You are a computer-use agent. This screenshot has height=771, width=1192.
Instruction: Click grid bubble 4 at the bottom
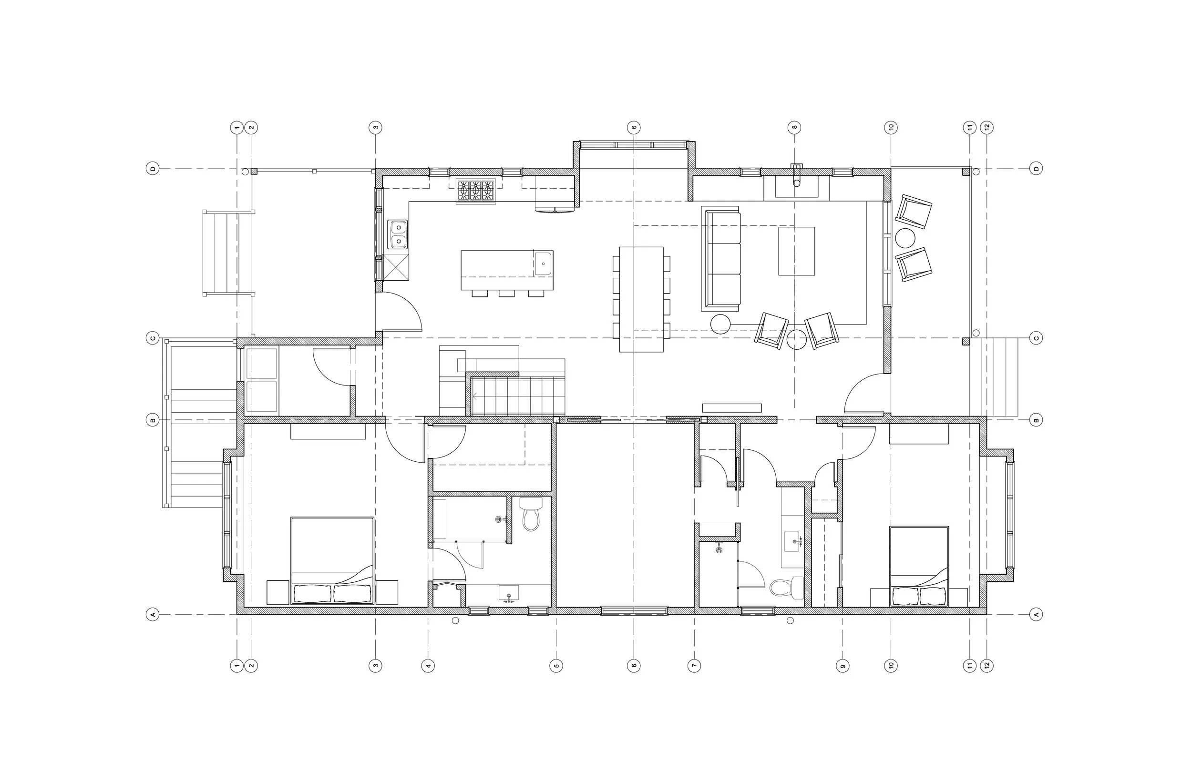pyautogui.click(x=428, y=666)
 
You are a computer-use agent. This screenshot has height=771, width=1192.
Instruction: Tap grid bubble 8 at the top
pyautogui.click(x=794, y=128)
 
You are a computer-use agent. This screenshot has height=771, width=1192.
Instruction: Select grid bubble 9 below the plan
pyautogui.click(x=843, y=666)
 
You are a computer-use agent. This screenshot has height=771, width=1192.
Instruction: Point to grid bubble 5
pyautogui.click(x=556, y=666)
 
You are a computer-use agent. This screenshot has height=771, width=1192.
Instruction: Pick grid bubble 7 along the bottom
pyautogui.click(x=694, y=666)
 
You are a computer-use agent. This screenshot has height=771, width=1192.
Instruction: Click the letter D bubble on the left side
pyautogui.click(x=153, y=169)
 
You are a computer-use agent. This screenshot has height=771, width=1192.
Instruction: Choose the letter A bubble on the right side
pyautogui.click(x=1036, y=614)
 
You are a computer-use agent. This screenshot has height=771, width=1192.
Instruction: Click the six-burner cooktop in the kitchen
pyautogui.click(x=475, y=191)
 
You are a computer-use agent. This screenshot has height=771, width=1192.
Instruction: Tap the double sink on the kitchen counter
pyautogui.click(x=399, y=234)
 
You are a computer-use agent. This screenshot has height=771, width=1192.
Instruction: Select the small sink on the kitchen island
pyautogui.click(x=543, y=264)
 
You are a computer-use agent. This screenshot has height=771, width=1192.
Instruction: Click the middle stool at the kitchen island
pyautogui.click(x=506, y=294)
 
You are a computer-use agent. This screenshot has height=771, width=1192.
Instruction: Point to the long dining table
pyautogui.click(x=641, y=299)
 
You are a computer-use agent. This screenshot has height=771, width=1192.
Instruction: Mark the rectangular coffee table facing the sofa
pyautogui.click(x=796, y=251)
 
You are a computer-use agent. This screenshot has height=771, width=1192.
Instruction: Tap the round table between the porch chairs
pyautogui.click(x=905, y=238)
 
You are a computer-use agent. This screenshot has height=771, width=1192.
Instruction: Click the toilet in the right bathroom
pyautogui.click(x=787, y=587)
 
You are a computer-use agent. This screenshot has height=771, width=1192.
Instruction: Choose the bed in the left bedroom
pyautogui.click(x=332, y=561)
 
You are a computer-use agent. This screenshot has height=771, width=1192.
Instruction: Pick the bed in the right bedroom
pyautogui.click(x=919, y=566)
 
